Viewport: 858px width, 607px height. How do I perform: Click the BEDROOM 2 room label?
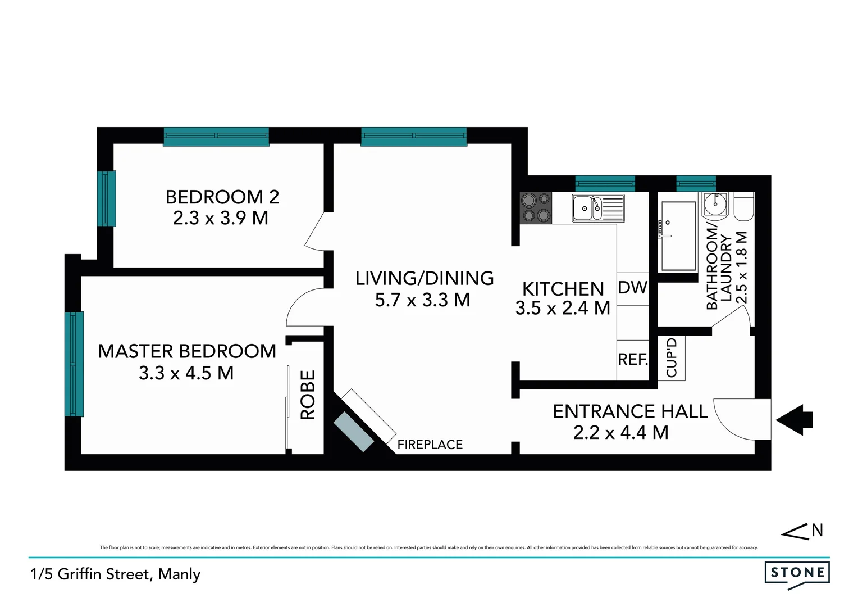coord(222,197)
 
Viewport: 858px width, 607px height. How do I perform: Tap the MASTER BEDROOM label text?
coord(187,351)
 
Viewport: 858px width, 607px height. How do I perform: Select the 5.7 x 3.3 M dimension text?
coord(422,300)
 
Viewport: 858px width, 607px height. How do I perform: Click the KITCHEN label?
coord(563,289)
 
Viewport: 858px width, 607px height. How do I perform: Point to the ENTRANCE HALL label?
coord(630,411)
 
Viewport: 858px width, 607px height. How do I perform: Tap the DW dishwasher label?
coord(632,288)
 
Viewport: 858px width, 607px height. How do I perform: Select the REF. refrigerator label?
coord(633,360)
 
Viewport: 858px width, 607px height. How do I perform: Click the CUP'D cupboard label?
coord(672,357)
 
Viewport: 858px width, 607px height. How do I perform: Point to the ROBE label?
coord(308,395)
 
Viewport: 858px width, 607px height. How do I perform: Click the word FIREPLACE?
coord(430,445)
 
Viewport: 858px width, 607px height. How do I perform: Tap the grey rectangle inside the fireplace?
coord(353,432)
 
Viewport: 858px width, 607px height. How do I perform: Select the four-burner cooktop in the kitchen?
coord(536,207)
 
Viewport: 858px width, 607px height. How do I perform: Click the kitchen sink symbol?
coord(597,208)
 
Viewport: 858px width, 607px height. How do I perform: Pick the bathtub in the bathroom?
coord(678,236)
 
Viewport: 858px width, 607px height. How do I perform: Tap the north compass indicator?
coord(803,531)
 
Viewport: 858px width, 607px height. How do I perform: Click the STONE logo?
coord(797,573)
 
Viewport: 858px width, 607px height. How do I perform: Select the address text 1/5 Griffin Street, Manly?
coord(116,574)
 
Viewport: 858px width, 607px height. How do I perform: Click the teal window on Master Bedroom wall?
coord(74,364)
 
